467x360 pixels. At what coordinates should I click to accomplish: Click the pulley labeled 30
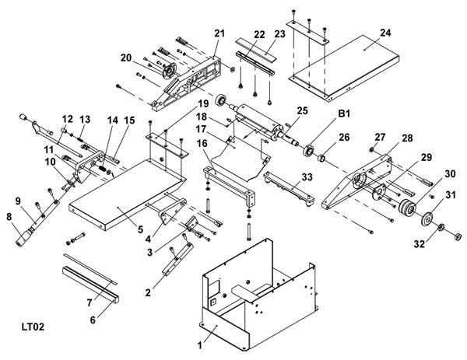(x=406, y=211)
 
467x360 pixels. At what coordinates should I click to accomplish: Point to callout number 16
(x=202, y=144)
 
